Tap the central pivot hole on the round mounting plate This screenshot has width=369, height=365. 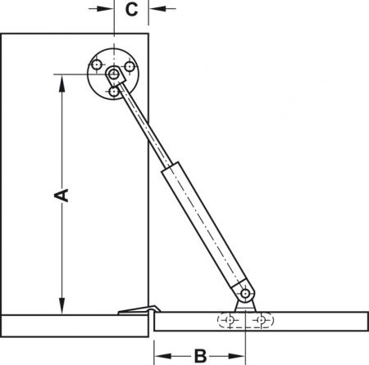tap(113, 75)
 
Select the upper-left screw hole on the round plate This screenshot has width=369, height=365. tap(98, 64)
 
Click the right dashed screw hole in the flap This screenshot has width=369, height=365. tap(262, 319)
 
